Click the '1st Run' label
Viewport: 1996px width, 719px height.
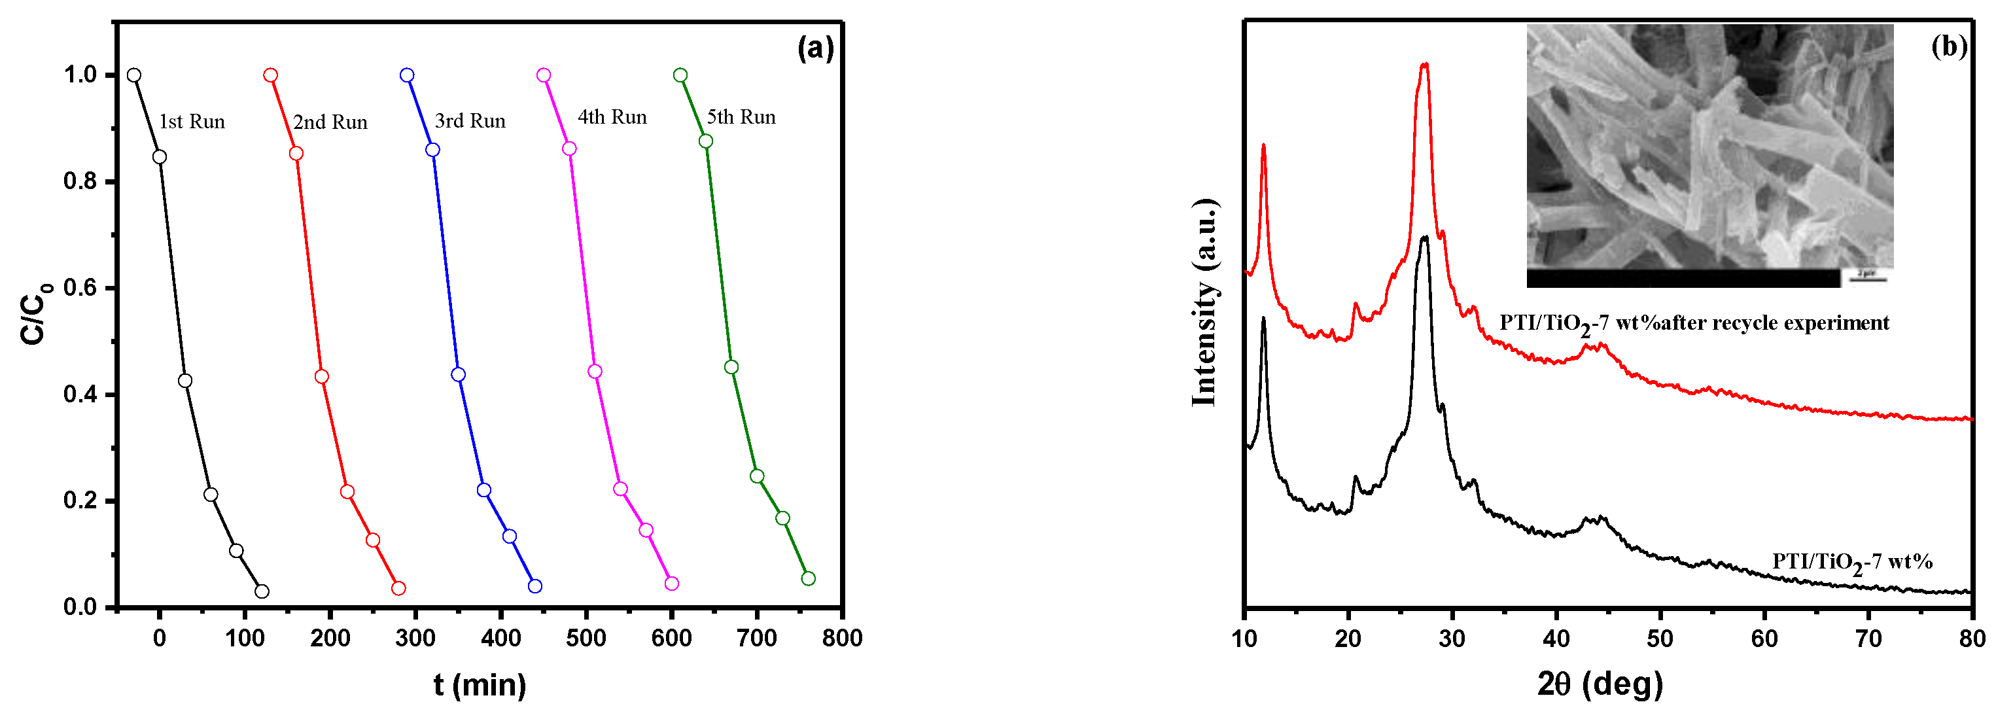pos(192,122)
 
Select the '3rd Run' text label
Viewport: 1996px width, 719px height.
pos(470,121)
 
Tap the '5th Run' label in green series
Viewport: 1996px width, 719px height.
pos(741,117)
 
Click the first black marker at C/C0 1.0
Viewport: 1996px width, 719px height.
pos(134,75)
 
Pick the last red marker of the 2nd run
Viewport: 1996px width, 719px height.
pos(398,588)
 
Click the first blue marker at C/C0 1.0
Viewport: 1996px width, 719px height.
pos(407,75)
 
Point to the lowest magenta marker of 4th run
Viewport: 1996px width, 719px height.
pos(672,584)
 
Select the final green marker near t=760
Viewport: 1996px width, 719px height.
pos(808,578)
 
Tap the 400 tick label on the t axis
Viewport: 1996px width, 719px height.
pos(500,639)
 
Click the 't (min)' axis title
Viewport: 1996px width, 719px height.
pos(480,685)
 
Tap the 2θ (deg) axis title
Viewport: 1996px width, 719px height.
pos(1600,684)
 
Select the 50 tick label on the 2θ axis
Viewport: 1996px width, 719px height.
pos(1660,639)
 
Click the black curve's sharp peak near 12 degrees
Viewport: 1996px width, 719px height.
pos(1264,319)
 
